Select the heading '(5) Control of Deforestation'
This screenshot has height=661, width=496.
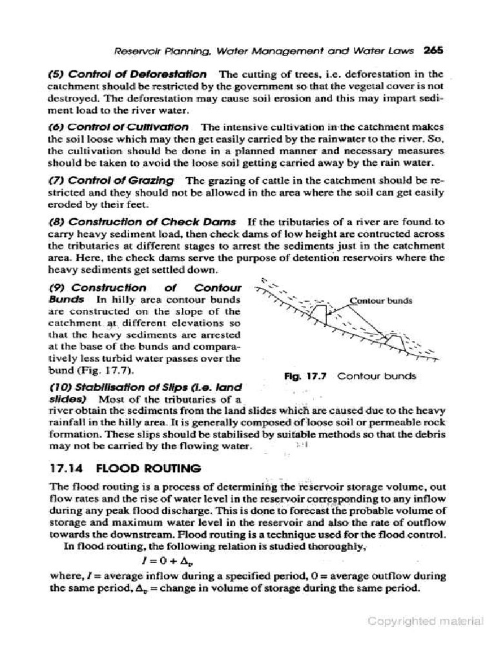coord(128,74)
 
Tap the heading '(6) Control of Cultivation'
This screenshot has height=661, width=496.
coord(119,127)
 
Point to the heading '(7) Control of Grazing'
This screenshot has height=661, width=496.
coord(111,180)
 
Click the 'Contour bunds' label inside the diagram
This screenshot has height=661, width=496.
coord(380,300)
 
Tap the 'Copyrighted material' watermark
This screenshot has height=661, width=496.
coord(425,621)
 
